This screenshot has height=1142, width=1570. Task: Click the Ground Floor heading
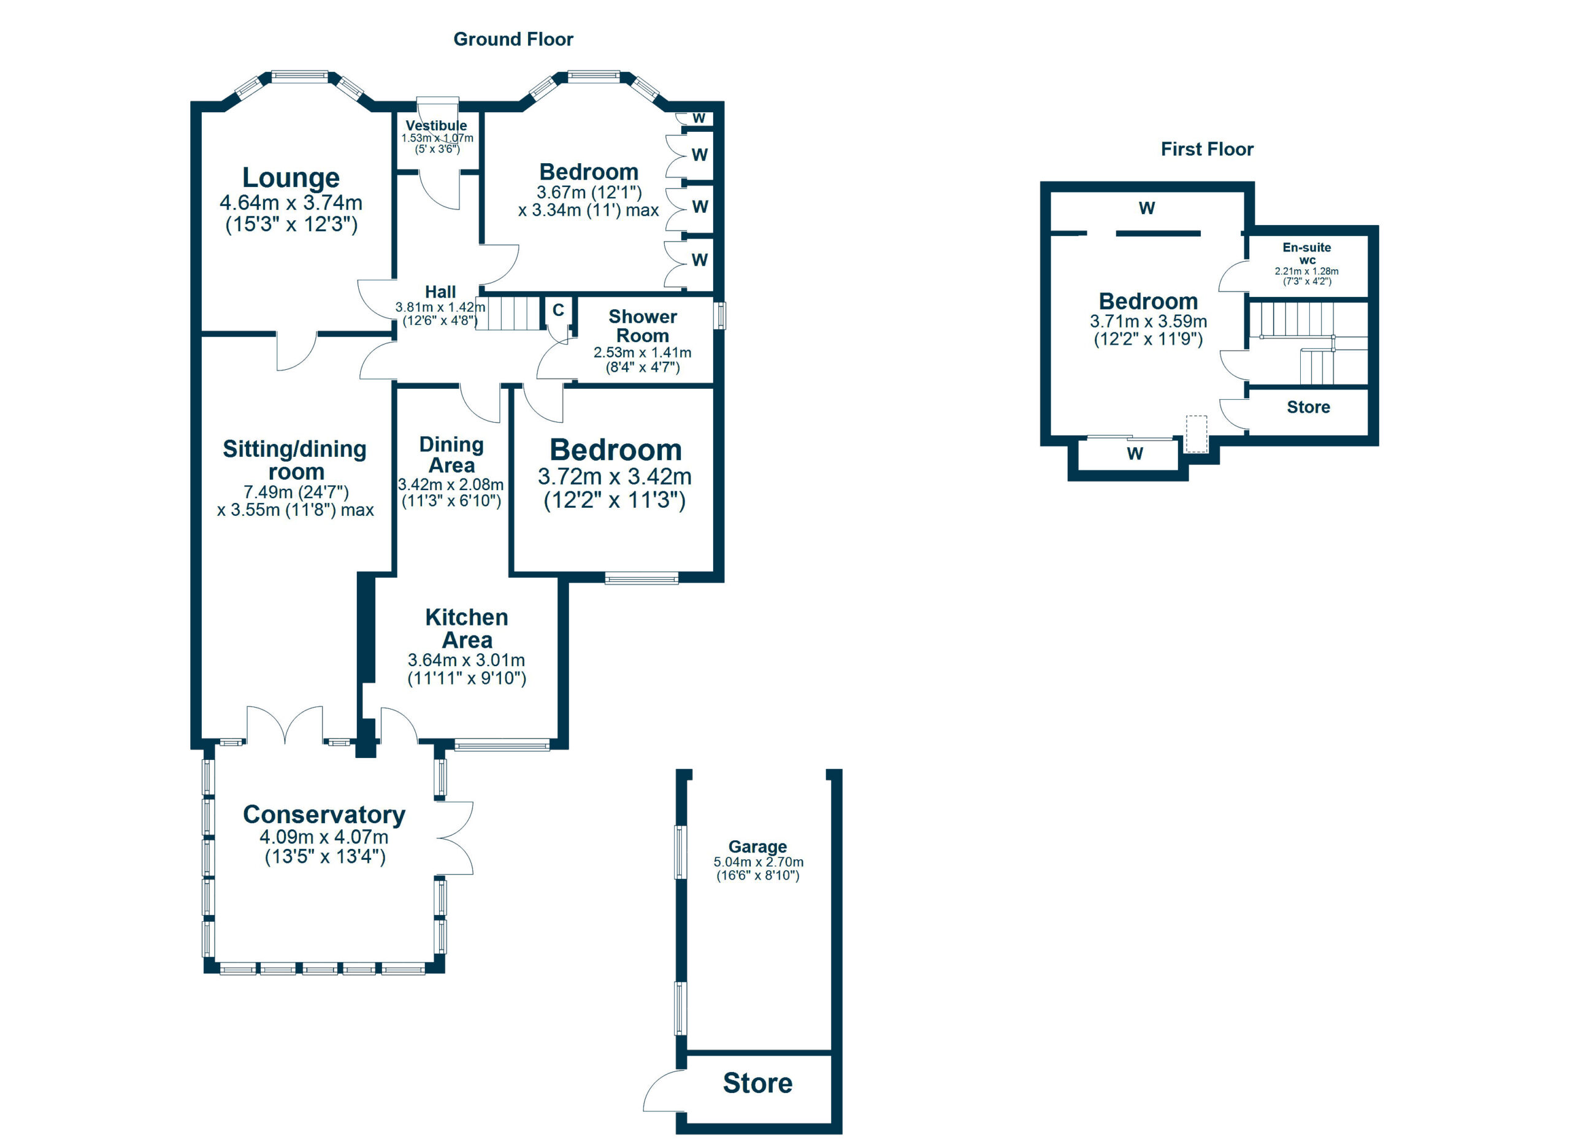(513, 39)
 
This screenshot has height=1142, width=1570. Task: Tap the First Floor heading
(1206, 150)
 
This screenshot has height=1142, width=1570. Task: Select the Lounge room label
(291, 178)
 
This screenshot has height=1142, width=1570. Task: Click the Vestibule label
(436, 125)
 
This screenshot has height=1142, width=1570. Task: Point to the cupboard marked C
(558, 310)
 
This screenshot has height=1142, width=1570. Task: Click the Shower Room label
(642, 326)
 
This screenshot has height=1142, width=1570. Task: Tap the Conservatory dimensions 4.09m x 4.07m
(324, 837)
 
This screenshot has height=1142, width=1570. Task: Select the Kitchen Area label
(467, 629)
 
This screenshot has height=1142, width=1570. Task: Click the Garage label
(757, 846)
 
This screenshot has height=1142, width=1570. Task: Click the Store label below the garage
(757, 1083)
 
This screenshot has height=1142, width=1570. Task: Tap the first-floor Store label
(1308, 407)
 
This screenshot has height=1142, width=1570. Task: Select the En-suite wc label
(1306, 253)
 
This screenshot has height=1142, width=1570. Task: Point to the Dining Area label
(451, 454)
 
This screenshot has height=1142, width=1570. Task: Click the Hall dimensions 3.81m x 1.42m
(440, 307)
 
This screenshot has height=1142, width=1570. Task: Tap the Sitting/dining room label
(295, 460)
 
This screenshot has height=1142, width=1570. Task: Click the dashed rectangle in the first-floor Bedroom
(1196, 434)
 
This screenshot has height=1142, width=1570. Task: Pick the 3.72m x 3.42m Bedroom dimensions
(615, 477)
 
